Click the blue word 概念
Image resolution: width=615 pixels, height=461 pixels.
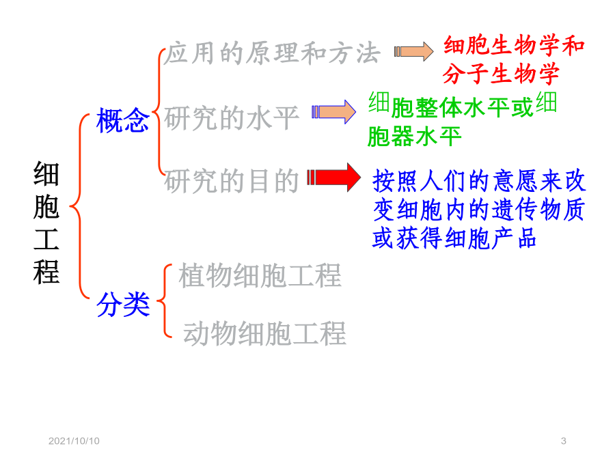tap(123, 120)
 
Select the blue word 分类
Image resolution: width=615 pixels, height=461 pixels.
tap(123, 304)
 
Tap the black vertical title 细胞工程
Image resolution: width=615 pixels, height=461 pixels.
tap(46, 222)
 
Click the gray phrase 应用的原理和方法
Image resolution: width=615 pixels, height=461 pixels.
tap(272, 53)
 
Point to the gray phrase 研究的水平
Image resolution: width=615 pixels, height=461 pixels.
tap(232, 117)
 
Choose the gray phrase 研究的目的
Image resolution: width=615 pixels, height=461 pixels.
tap(232, 181)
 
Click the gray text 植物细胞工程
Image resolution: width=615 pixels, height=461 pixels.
tap(260, 276)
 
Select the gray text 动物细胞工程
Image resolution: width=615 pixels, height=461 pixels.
tap(264, 333)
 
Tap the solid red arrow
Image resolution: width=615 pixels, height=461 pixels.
tap(333, 177)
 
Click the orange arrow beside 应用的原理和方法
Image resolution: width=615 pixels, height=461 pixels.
tap(414, 51)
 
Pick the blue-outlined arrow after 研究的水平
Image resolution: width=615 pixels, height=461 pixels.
tap(333, 112)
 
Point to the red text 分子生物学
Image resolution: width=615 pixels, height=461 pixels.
tap(501, 74)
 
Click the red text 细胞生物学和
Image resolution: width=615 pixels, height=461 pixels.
tap(514, 44)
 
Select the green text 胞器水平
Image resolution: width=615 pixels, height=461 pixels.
tap(414, 137)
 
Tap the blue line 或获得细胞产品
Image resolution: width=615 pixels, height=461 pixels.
tap(454, 238)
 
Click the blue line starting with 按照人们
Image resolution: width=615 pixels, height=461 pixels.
tap(479, 180)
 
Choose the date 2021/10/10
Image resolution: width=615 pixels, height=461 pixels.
tap(74, 441)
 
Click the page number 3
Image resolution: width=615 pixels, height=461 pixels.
tap(564, 441)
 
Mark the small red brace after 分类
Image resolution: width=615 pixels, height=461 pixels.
tap(164, 301)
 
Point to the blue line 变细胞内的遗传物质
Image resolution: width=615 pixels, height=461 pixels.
tap(479, 210)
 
